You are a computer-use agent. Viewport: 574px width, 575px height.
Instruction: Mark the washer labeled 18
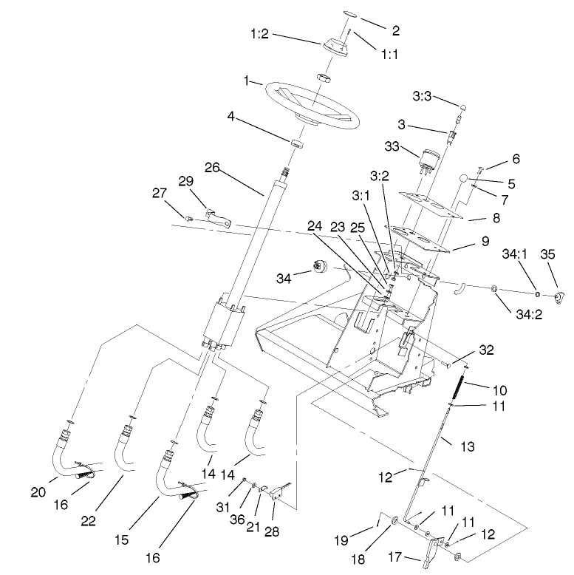point(394,522)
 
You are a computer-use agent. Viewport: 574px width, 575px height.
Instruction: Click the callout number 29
point(185,182)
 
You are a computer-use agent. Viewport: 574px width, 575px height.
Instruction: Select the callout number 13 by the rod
point(467,447)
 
